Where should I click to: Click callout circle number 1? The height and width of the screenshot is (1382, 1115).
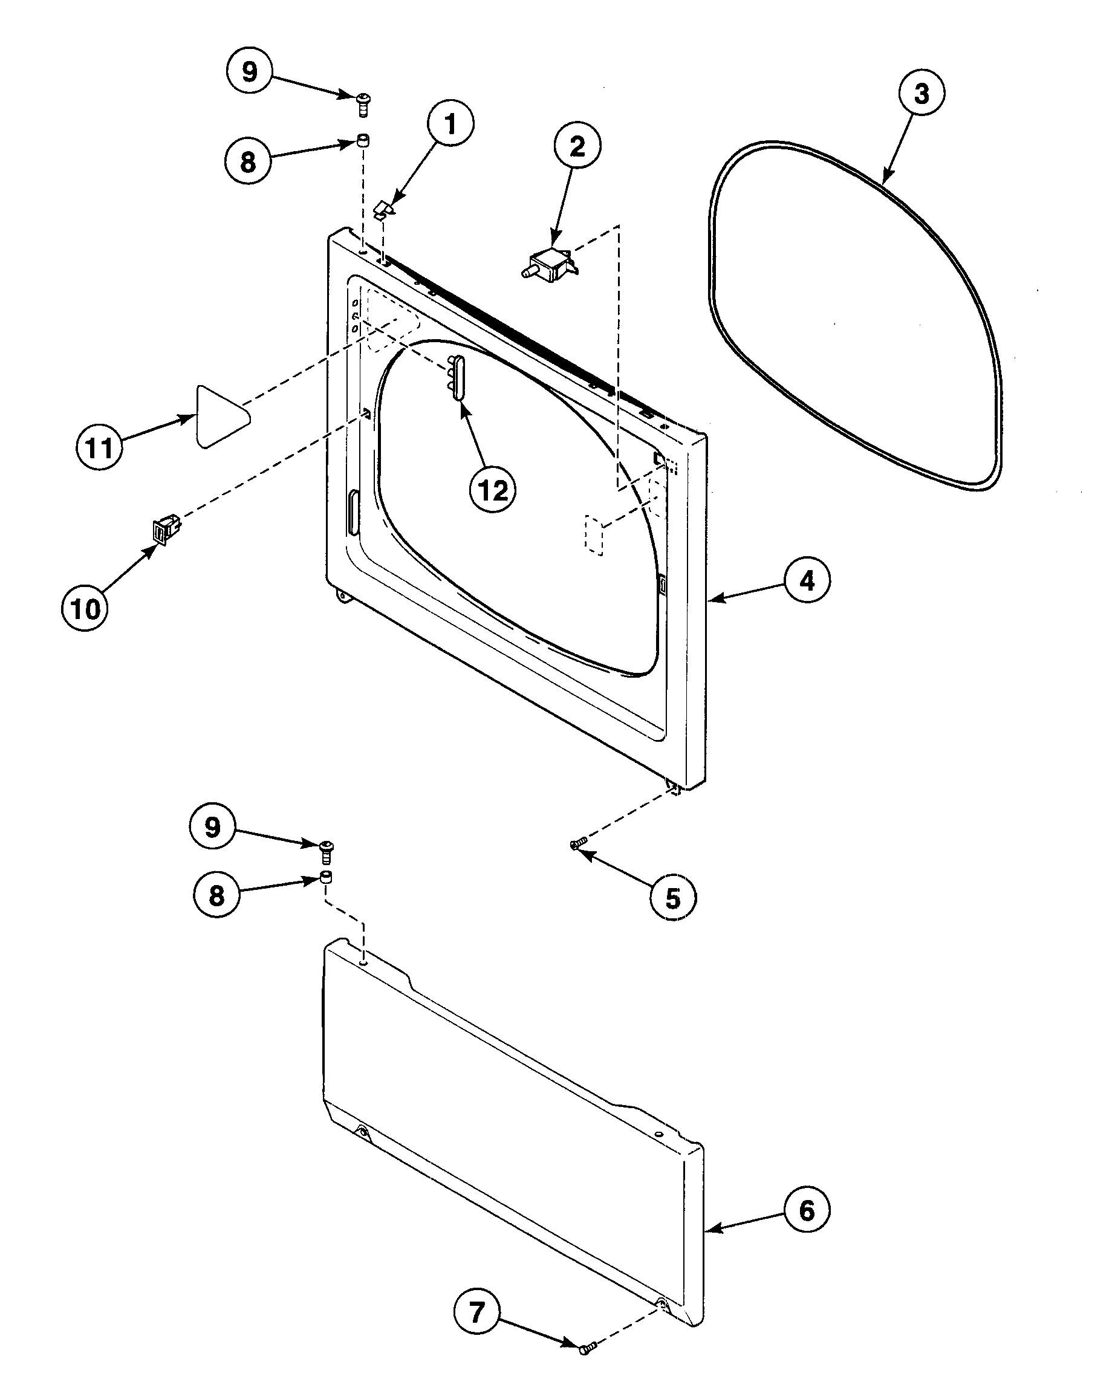click(450, 124)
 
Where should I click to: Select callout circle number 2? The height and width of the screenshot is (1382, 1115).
click(577, 146)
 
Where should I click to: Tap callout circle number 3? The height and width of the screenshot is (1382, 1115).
click(921, 94)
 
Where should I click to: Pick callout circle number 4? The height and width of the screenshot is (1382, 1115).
click(807, 580)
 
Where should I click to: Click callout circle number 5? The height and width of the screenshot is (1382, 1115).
click(672, 898)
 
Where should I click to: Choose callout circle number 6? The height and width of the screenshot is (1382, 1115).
click(807, 1210)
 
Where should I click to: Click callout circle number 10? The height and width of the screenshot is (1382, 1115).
click(85, 608)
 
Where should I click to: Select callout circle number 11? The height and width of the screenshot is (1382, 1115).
click(99, 447)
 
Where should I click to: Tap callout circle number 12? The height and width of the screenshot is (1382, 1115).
click(493, 491)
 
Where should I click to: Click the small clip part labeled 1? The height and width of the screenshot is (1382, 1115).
click(384, 209)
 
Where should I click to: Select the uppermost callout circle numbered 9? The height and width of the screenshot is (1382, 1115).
click(250, 71)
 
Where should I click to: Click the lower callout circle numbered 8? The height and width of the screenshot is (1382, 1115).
click(217, 894)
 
